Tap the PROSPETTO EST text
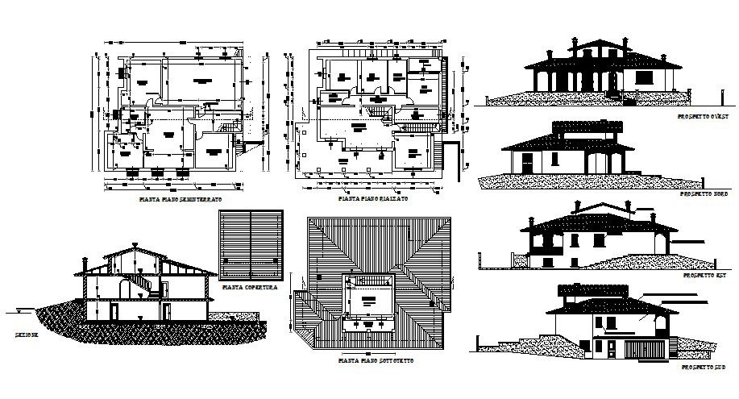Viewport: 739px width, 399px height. pyautogui.click(x=705, y=276)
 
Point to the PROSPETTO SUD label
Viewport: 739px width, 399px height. pyautogui.click(x=704, y=367)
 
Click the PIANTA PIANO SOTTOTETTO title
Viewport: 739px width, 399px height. pyautogui.click(x=376, y=361)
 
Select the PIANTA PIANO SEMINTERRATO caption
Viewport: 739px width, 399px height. pyautogui.click(x=181, y=197)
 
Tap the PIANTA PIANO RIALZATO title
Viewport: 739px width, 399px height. pyautogui.click(x=373, y=197)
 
